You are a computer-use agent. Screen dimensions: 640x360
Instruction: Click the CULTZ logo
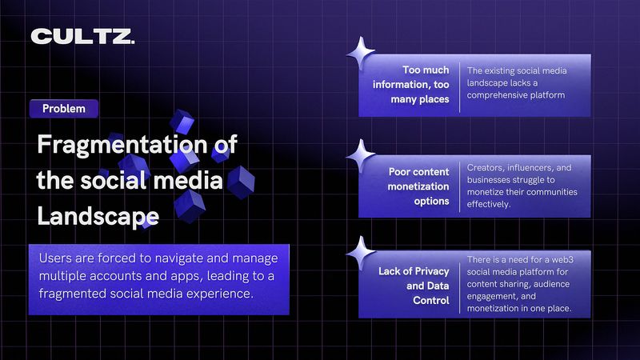click(x=82, y=36)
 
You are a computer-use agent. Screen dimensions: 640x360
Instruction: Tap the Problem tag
click(x=64, y=109)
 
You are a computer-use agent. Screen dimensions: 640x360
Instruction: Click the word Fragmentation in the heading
click(x=122, y=145)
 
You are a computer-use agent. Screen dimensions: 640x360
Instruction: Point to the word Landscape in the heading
click(x=98, y=216)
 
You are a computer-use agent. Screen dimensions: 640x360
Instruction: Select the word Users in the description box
click(x=55, y=258)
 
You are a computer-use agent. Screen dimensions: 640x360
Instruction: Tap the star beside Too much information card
click(x=361, y=53)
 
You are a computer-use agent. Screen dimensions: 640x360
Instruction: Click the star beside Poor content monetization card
click(x=361, y=154)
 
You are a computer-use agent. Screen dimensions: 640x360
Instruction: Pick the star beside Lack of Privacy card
click(x=361, y=253)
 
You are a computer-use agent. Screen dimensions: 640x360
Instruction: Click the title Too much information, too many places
click(x=411, y=85)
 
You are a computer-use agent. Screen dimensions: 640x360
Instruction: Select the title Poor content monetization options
click(x=418, y=186)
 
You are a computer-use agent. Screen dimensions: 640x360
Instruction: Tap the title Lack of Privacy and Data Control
click(x=414, y=286)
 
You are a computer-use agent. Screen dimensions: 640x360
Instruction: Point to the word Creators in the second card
click(x=483, y=168)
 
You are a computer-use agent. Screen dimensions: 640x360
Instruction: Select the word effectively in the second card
click(x=489, y=204)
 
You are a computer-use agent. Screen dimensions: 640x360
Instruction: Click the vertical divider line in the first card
click(x=459, y=87)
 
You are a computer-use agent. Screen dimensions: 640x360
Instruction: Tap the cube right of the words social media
click(x=241, y=182)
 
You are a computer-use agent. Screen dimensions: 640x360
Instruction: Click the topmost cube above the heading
click(x=182, y=122)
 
